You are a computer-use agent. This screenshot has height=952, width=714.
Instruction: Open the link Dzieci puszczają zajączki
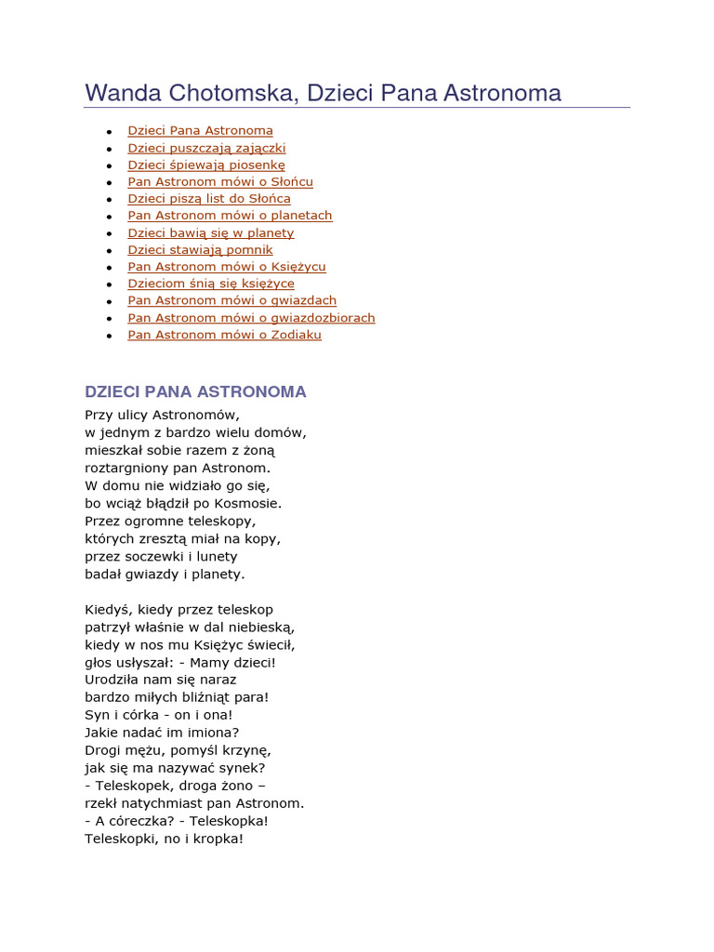206,148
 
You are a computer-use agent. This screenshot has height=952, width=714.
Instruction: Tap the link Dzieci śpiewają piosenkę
206,165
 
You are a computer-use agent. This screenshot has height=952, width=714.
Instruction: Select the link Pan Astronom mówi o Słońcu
220,181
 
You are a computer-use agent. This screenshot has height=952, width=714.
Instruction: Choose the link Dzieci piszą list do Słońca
209,198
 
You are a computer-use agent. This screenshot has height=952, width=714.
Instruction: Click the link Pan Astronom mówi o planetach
230,216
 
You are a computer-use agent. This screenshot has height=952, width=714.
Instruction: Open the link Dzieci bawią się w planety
211,232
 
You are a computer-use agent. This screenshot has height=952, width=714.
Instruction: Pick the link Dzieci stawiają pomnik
201,249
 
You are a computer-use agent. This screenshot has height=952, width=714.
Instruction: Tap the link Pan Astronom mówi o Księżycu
227,267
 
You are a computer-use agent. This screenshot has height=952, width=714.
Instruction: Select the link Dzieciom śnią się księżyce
211,284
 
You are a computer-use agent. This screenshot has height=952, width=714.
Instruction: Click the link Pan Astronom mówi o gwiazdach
232,300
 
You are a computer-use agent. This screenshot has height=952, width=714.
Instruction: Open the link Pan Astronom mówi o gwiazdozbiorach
251,318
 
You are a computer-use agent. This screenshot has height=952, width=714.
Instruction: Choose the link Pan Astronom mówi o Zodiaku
225,335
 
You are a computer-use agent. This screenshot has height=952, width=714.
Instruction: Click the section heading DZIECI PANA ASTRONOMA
195,391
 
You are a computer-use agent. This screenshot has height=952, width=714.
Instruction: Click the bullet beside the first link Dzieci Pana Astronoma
110,132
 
